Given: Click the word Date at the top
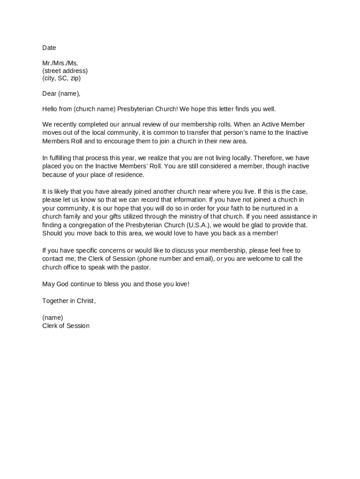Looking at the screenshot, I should point(49,48).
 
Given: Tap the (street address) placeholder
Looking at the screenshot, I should point(65,71).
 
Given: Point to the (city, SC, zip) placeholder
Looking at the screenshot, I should point(61,78).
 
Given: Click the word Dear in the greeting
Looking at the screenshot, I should point(50,94).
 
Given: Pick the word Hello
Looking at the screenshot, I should point(50,109).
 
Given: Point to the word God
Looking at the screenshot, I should point(65,284).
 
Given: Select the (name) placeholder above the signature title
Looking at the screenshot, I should point(52,318).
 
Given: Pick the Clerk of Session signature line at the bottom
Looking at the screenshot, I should point(65,326).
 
